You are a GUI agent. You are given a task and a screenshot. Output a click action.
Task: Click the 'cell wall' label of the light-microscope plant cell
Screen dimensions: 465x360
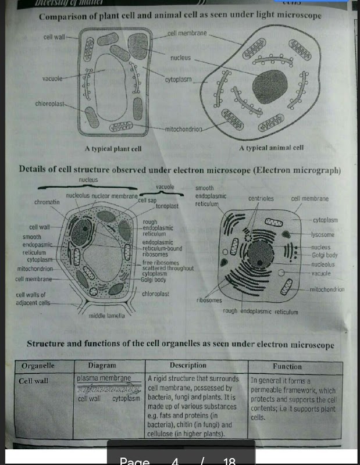click(x=54, y=37)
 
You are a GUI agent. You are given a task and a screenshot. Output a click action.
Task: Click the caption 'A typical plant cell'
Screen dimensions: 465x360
click(x=113, y=149)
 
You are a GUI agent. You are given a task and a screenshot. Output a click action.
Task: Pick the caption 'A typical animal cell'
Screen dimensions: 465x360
click(x=271, y=148)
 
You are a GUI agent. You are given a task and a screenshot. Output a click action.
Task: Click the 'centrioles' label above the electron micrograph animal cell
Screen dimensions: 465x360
click(x=261, y=199)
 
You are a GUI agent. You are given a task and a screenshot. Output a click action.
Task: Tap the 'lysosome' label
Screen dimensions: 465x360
click(x=323, y=235)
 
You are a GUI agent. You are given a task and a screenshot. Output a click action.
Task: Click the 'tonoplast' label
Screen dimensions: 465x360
click(x=167, y=206)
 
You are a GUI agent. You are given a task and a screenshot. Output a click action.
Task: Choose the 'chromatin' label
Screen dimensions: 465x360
click(x=47, y=202)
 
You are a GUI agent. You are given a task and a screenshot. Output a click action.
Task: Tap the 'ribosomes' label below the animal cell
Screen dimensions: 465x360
click(x=209, y=301)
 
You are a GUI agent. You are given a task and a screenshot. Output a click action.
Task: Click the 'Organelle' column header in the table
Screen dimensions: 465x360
click(x=38, y=366)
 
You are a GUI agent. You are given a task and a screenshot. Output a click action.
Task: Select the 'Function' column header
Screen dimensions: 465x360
click(x=287, y=367)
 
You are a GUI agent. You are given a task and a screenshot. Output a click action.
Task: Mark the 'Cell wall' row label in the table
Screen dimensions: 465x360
click(x=33, y=381)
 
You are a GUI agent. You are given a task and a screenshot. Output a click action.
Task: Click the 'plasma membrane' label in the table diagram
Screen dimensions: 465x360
click(x=104, y=378)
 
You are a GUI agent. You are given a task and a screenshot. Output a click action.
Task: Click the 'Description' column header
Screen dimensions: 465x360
click(x=188, y=366)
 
